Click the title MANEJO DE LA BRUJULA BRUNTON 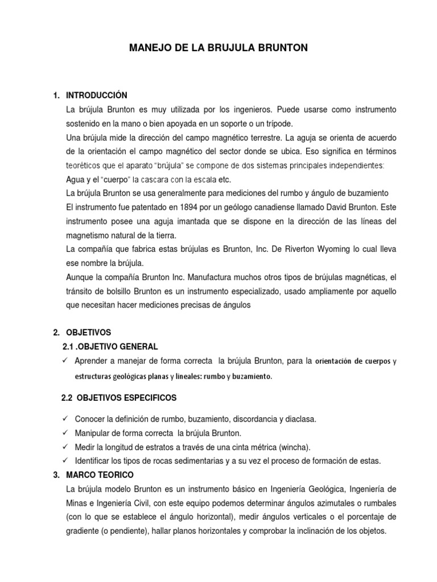[219, 48]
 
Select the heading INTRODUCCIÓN [97, 94]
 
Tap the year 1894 [178, 207]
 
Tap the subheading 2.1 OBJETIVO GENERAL [110, 346]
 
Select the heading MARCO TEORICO [100, 475]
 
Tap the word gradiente [83, 531]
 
